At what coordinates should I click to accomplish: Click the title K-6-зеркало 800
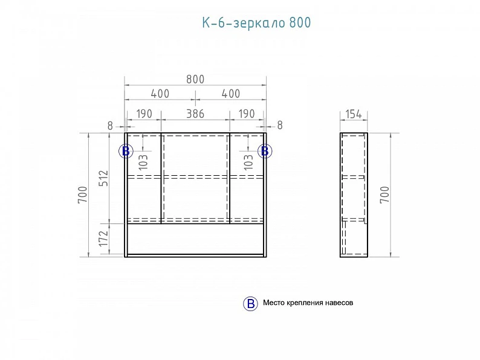[256, 22]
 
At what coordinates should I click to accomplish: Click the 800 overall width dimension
[195, 79]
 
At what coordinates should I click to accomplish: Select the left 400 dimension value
[160, 94]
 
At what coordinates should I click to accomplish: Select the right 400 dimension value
[231, 94]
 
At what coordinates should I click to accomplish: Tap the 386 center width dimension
[195, 114]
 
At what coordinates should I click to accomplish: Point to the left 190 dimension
[144, 114]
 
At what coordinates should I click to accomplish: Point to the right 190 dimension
[247, 114]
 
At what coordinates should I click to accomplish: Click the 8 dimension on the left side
[110, 126]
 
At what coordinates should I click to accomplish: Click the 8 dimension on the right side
[280, 125]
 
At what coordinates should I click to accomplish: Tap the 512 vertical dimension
[104, 178]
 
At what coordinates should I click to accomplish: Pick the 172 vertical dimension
[104, 238]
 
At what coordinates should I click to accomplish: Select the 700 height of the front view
[83, 194]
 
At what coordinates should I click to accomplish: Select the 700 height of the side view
[385, 194]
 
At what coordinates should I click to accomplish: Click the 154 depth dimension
[354, 114]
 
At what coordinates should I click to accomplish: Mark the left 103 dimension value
[143, 161]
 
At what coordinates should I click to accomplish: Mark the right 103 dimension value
[249, 161]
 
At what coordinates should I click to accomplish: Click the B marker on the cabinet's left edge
[126, 151]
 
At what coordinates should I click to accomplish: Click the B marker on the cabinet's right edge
[265, 151]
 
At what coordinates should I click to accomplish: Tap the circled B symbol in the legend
[250, 303]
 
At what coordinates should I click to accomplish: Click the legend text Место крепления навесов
[308, 303]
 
